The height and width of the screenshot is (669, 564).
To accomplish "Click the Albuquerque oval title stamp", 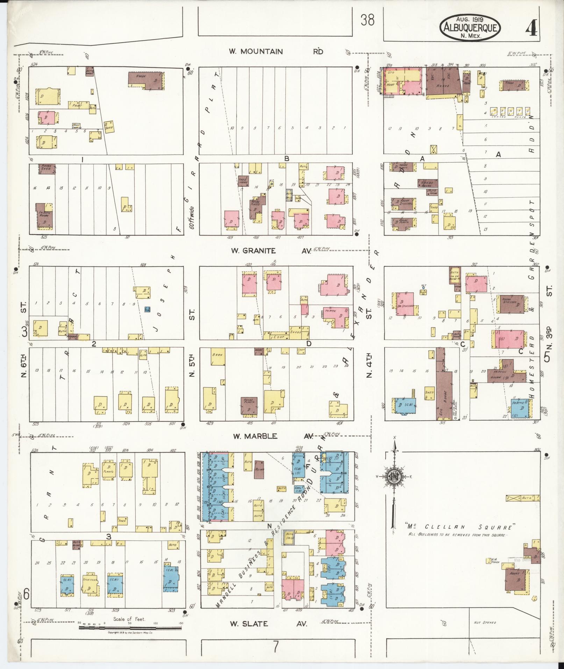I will coord(470,28).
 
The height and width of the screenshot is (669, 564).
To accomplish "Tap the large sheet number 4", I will coord(531,27).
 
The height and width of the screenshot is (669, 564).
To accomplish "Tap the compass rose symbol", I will coord(394,476).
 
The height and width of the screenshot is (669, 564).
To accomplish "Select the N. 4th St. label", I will coord(369,366).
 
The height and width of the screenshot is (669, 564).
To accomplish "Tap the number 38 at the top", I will coord(367,20).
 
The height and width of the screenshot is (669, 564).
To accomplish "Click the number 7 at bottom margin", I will coord(276,647).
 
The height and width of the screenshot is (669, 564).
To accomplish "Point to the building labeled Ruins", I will coord(259,469).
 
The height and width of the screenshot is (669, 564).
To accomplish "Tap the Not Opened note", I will coord(485,622).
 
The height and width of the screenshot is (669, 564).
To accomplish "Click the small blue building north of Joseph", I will coord(148,309).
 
